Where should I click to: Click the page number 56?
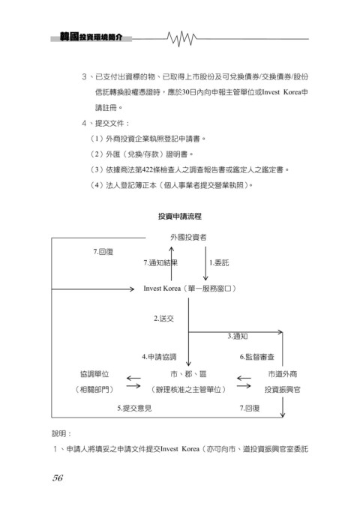[x=58, y=478]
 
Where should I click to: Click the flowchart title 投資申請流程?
[x=180, y=216]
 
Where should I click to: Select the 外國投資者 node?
[x=188, y=238]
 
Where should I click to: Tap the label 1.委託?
[x=219, y=262]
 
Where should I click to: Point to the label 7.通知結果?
[x=160, y=262]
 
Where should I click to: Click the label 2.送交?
[x=163, y=319]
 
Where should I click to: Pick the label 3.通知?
[x=238, y=336]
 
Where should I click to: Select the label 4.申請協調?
[x=159, y=357]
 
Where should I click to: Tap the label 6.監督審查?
[x=257, y=357]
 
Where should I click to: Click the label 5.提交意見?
[x=134, y=408]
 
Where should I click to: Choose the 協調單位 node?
[x=94, y=374]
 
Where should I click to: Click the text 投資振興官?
[x=282, y=390]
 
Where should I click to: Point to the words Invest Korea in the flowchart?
[x=162, y=289]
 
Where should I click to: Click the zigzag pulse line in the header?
[x=182, y=39]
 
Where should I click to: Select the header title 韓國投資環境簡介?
[x=91, y=37]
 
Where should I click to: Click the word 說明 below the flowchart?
[x=58, y=433]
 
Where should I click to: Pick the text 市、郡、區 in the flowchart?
[x=188, y=374]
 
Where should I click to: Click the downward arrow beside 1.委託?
[x=205, y=263]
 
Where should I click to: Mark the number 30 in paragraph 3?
[x=185, y=92]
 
